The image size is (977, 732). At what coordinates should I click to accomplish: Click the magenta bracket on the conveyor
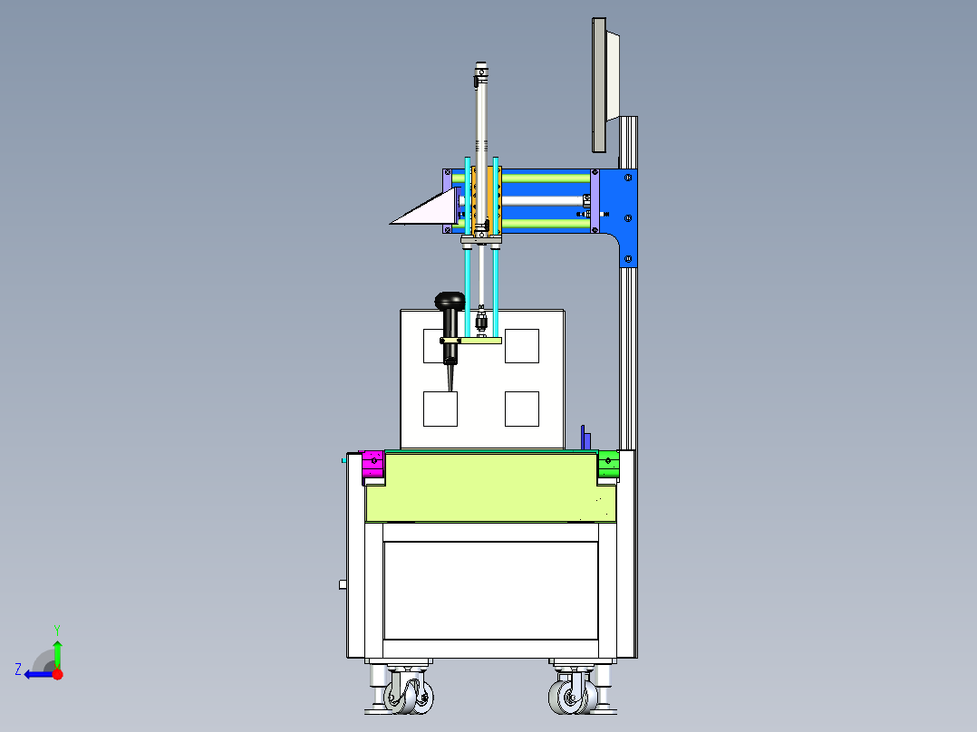[372, 464]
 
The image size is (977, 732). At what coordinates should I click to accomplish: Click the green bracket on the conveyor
[608, 464]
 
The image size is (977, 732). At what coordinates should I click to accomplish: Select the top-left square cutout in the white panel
[440, 345]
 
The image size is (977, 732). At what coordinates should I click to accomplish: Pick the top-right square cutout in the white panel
[522, 345]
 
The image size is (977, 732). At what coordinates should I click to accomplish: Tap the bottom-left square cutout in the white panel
[440, 409]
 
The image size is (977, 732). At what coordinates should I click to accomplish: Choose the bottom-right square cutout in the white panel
[522, 409]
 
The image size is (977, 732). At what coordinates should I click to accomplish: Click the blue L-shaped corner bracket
[624, 213]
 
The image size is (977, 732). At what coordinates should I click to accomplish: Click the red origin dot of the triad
[57, 674]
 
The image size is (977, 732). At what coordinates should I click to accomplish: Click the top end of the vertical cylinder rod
[481, 67]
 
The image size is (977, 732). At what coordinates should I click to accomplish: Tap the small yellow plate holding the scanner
[480, 341]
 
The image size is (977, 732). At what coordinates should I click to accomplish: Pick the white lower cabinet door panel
[490, 590]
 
